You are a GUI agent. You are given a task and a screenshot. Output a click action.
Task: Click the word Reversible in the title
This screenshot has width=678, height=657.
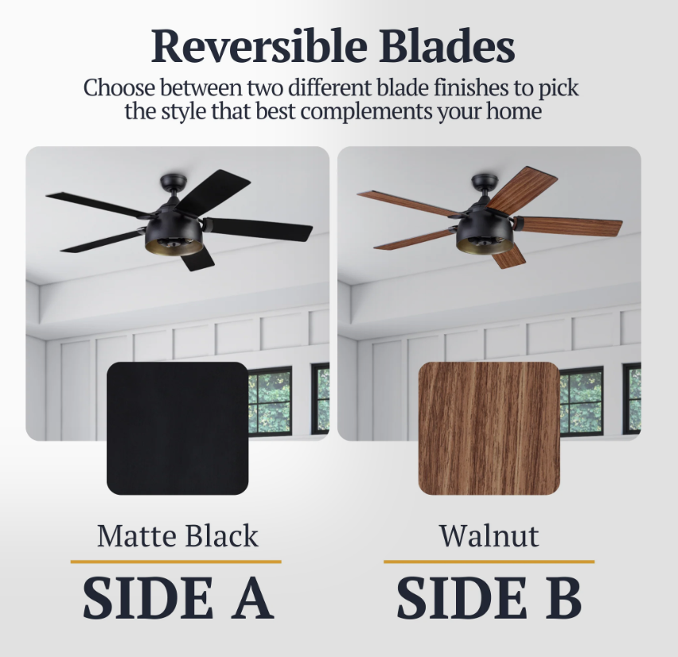point(259,46)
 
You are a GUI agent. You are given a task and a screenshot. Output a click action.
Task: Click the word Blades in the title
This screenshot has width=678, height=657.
point(447,46)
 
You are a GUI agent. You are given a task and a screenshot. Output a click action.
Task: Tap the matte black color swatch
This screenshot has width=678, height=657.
point(177,429)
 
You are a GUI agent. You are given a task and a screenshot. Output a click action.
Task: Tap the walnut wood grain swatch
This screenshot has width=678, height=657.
point(489,429)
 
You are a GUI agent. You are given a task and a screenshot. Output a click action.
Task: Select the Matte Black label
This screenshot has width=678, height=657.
point(177,536)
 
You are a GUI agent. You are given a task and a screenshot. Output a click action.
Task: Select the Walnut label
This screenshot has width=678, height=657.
point(489,536)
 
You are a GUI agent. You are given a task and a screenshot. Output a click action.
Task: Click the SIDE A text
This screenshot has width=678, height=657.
point(177,598)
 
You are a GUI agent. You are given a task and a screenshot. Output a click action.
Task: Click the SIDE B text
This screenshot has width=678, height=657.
point(489,598)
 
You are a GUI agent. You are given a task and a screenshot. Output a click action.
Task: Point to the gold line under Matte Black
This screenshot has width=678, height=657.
point(176,562)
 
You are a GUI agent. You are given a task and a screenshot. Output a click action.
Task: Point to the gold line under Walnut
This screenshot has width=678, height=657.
point(489,562)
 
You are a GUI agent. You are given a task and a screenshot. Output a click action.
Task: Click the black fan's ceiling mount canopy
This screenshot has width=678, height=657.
point(173,181)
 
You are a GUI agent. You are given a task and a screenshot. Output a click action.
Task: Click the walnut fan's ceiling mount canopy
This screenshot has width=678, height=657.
point(485,181)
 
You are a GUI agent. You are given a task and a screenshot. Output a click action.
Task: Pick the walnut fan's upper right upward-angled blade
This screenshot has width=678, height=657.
point(522,188)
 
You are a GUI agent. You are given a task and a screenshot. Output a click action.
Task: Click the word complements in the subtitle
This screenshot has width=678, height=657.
point(366,111)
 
